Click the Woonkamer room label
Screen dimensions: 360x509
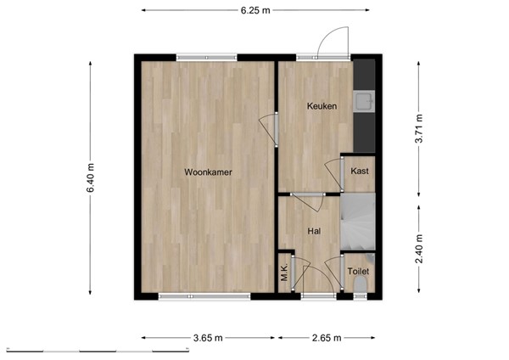point(208,172)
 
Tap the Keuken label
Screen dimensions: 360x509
point(322,106)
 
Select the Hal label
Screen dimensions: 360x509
point(314,230)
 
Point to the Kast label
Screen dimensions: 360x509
point(360,172)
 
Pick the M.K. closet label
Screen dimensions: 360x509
point(285,273)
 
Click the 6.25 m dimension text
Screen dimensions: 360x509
point(255,10)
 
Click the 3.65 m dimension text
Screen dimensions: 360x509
point(208,338)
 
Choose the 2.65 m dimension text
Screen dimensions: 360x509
point(326,338)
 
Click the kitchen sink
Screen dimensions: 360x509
point(366,102)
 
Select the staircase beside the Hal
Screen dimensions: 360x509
point(357,222)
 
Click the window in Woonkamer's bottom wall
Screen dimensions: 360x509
point(204,295)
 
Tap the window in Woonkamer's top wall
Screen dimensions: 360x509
point(207,57)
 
